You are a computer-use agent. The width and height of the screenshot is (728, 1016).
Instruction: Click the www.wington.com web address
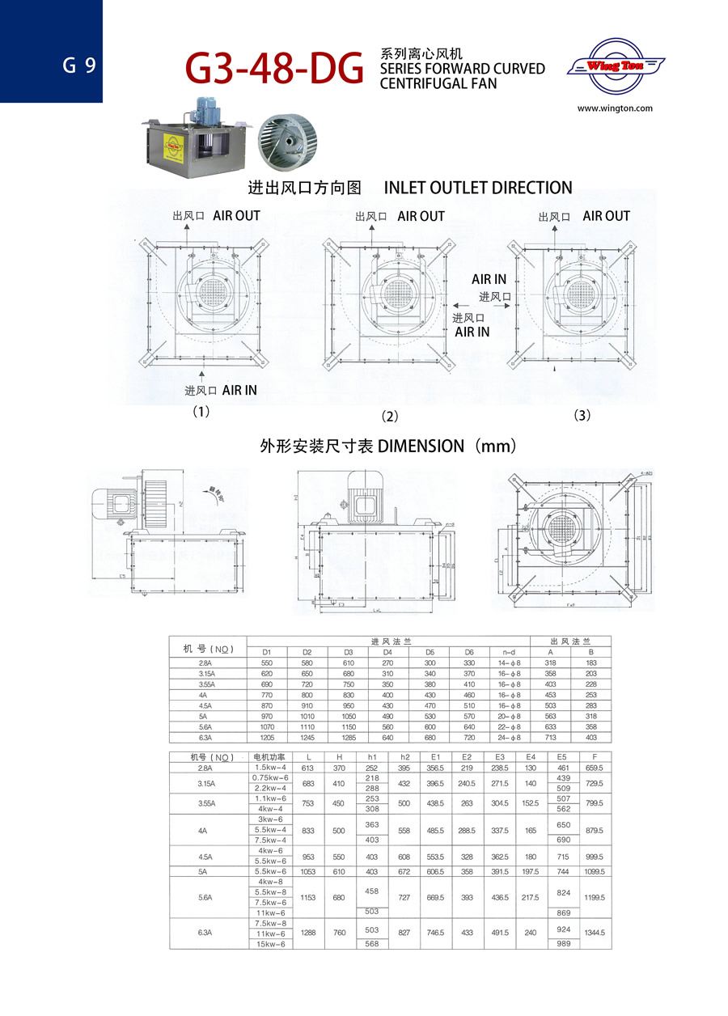click(615, 108)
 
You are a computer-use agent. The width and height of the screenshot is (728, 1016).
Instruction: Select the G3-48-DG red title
click(274, 69)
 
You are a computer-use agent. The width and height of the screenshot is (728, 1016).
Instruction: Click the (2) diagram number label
click(390, 417)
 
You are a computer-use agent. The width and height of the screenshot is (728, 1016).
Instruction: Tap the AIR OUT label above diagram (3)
click(606, 216)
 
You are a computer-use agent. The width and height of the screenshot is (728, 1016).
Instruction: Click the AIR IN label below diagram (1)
click(239, 390)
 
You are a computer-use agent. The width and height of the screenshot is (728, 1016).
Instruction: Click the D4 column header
click(387, 652)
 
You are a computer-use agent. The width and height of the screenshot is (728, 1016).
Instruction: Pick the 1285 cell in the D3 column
click(348, 737)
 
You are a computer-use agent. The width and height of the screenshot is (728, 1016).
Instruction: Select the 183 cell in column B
click(591, 663)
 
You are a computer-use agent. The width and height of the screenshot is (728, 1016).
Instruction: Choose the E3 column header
click(499, 757)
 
